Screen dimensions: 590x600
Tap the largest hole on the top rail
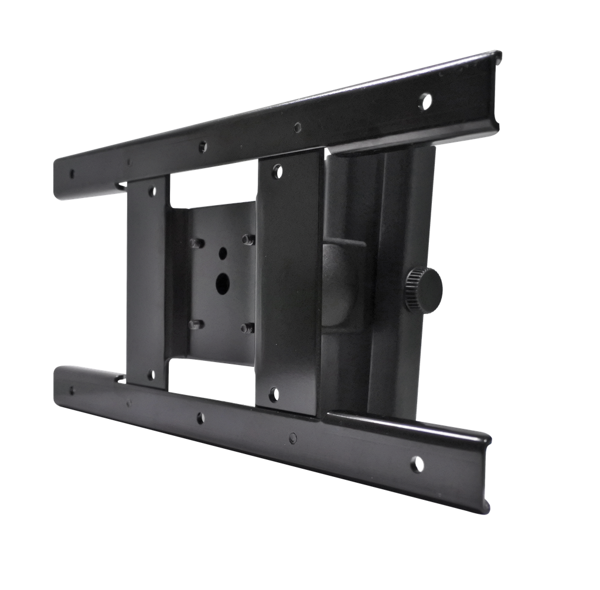(x=426, y=100)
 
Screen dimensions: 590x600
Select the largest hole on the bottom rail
(x=417, y=463)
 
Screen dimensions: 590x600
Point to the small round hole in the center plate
(x=223, y=253)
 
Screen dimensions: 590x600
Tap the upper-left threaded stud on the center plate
(x=196, y=242)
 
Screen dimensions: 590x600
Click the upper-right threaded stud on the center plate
(x=248, y=239)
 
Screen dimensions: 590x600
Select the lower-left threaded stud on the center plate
(x=196, y=324)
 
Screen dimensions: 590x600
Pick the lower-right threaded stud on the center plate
(x=248, y=328)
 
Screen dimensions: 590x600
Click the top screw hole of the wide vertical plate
(x=278, y=171)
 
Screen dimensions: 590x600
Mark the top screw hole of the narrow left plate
(x=154, y=191)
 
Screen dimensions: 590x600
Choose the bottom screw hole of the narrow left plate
(x=154, y=374)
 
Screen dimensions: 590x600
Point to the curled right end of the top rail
(x=496, y=88)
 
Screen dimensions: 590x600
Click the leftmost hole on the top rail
(x=72, y=173)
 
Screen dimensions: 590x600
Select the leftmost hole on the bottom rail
(x=72, y=390)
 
